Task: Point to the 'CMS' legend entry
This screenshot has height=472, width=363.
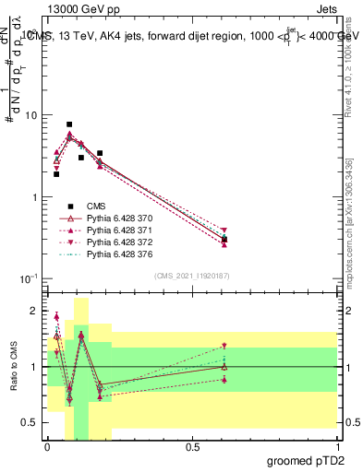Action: point(96,206)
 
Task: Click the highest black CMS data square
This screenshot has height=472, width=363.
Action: point(69,124)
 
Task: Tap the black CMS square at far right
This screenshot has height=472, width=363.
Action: point(224,240)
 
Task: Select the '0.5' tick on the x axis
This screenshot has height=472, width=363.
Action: point(192,447)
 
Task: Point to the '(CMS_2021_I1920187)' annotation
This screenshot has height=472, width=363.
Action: point(191,276)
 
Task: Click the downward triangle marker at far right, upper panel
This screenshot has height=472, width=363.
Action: point(224,230)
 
